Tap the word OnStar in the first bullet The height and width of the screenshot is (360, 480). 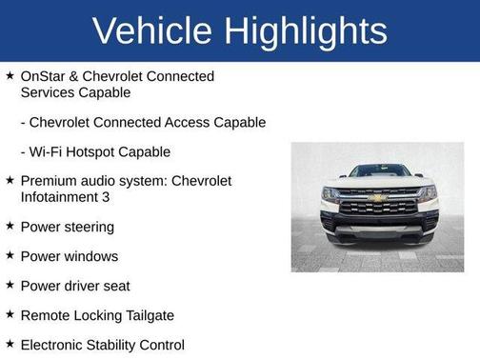43,76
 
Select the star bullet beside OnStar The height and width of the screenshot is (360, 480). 10,76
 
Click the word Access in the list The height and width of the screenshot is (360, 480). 188,123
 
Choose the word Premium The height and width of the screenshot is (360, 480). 50,181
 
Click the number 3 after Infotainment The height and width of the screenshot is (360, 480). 106,197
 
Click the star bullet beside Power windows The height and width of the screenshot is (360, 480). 10,255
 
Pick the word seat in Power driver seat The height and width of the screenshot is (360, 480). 116,286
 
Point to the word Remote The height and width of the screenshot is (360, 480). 45,315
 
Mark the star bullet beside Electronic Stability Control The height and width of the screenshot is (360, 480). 10,344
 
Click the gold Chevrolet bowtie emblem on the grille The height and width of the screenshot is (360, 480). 377,198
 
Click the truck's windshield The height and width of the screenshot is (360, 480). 377,171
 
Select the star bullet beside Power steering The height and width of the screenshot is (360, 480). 10,226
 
